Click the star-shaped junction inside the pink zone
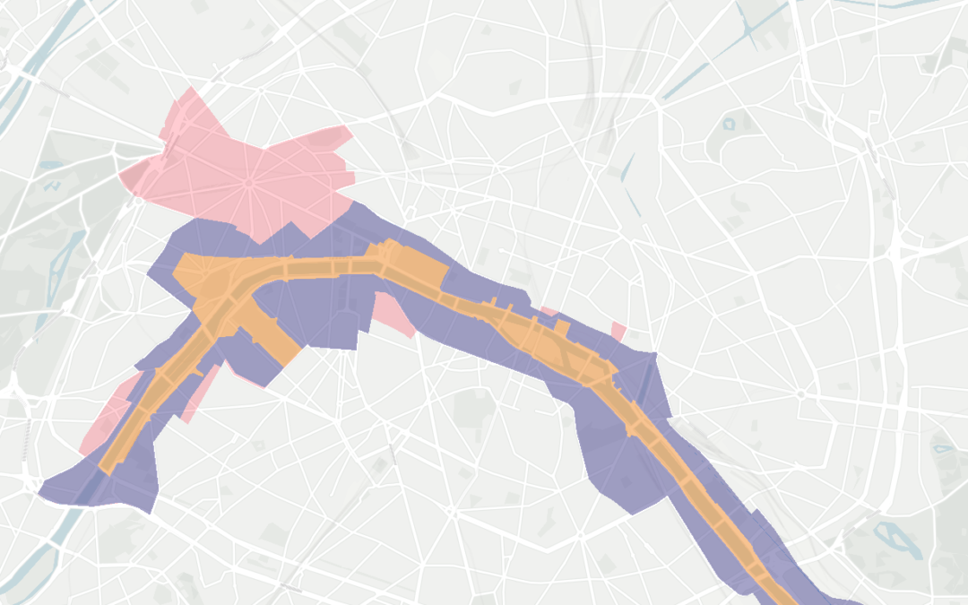(248, 183)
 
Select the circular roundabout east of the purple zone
(800, 394)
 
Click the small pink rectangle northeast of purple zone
(618, 331)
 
